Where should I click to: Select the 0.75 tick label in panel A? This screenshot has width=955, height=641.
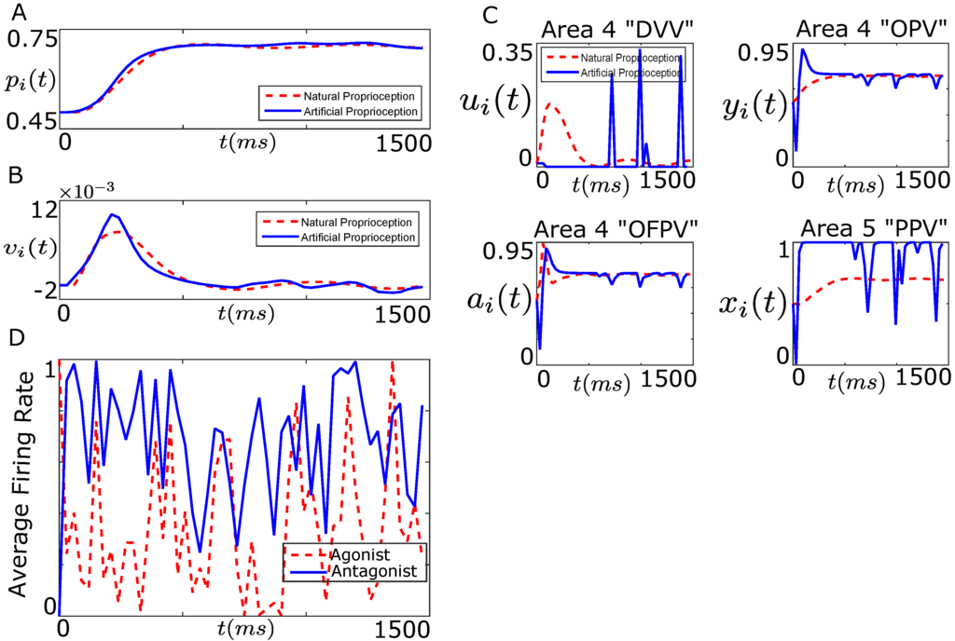[32, 40]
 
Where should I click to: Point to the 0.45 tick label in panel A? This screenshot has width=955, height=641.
[32, 121]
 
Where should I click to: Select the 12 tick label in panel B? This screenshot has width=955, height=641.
[39, 212]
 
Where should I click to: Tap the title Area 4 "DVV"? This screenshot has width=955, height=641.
[614, 28]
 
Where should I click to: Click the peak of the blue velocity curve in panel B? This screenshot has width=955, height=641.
[112, 215]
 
